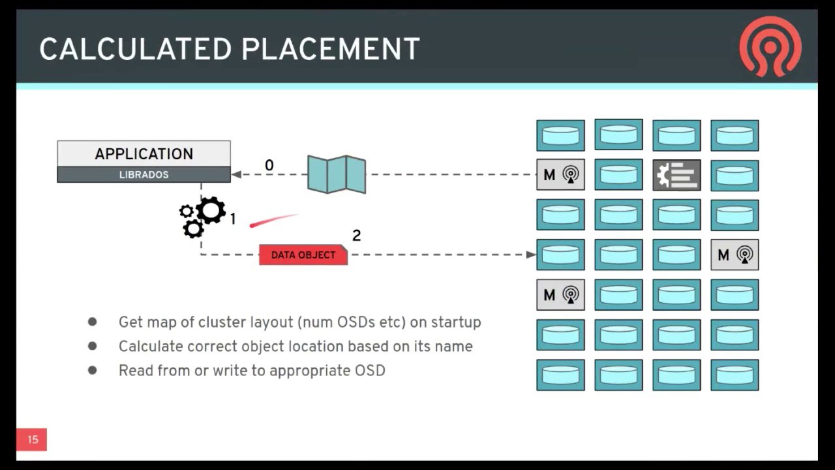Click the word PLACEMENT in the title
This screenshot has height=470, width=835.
(x=331, y=49)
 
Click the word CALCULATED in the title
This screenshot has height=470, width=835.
(x=135, y=49)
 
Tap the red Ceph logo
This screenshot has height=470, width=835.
(x=770, y=46)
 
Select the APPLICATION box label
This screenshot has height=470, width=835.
(x=144, y=153)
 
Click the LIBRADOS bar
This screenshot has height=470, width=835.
(x=144, y=174)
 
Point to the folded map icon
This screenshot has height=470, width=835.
(x=337, y=174)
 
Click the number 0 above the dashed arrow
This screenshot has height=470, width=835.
(x=269, y=165)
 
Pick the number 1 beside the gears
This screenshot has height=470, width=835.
(x=233, y=219)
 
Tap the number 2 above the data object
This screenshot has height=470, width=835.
(x=356, y=236)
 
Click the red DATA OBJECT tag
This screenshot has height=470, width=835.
(x=303, y=255)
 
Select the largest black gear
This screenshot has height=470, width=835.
(x=211, y=210)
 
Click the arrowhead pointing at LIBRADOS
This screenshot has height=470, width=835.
(x=236, y=174)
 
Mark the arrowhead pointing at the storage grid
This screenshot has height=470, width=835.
(x=531, y=255)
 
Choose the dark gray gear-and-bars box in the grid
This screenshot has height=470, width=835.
(x=676, y=175)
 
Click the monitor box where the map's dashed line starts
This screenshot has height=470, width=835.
(x=560, y=174)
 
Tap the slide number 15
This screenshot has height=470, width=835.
(x=33, y=439)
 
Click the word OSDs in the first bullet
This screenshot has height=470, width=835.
(x=356, y=322)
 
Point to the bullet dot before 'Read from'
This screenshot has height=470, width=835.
(x=93, y=370)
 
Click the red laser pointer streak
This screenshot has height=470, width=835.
(x=274, y=220)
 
